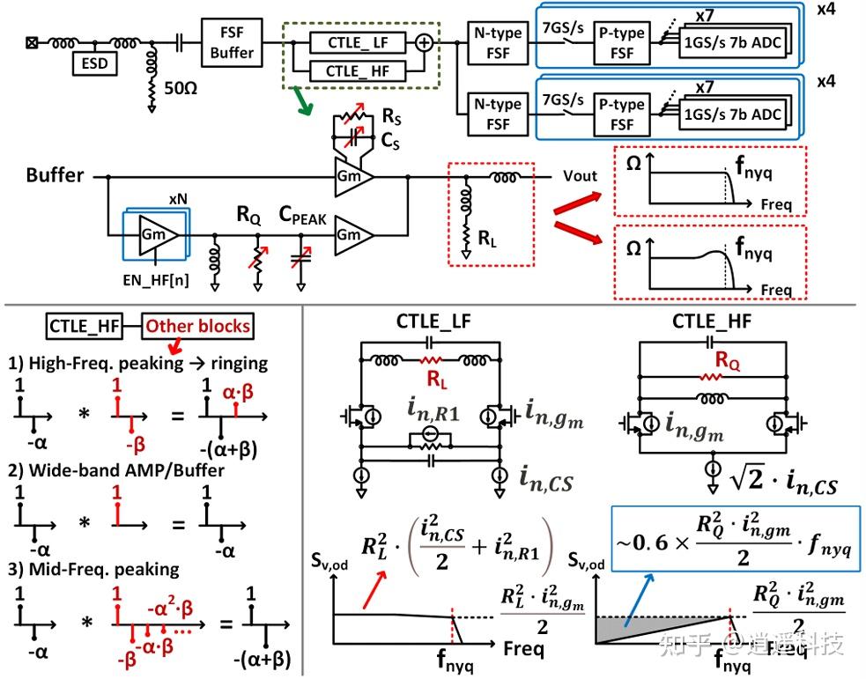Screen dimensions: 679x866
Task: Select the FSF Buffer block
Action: point(231,42)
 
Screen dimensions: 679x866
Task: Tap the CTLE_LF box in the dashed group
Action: point(357,41)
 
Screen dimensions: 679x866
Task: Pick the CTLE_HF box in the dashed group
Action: point(357,71)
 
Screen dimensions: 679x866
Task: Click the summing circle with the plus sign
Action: point(425,41)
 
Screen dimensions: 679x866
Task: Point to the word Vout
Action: point(580,176)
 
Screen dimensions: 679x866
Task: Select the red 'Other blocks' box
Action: point(197,327)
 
